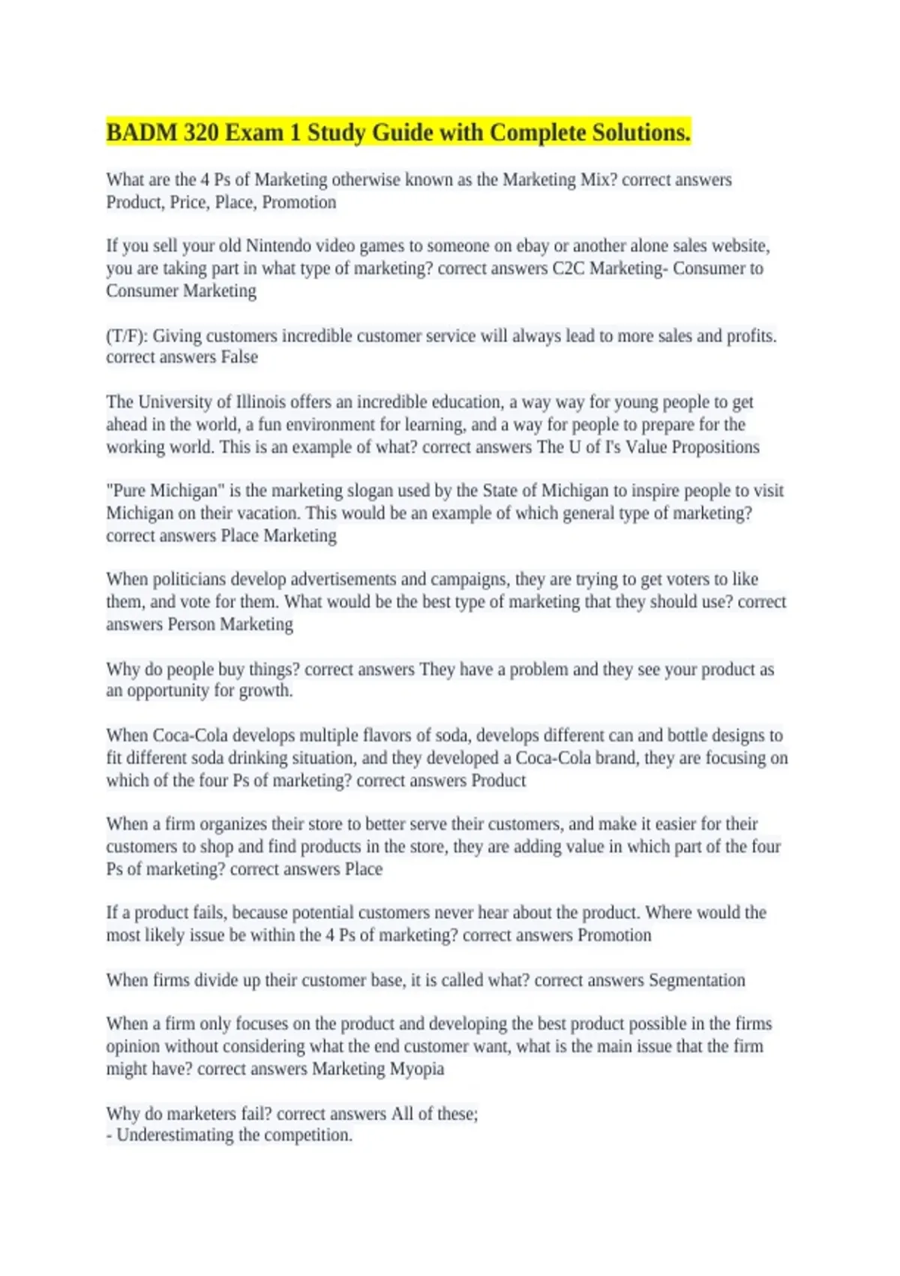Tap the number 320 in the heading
click(x=201, y=133)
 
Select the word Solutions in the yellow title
click(x=640, y=133)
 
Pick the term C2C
click(x=568, y=269)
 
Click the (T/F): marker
click(x=127, y=336)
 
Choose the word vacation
click(x=267, y=513)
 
